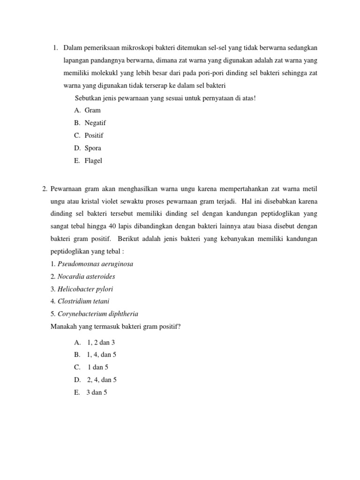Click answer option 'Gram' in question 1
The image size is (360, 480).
(x=92, y=110)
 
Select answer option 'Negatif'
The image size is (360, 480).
(x=95, y=123)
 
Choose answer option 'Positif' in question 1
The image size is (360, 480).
(x=94, y=135)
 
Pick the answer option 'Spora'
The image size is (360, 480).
(x=93, y=148)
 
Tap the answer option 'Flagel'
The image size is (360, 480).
(x=93, y=161)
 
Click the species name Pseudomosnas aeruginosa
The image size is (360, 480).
(x=95, y=264)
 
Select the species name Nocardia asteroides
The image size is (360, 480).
(x=86, y=277)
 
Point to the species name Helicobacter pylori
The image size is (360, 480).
(x=85, y=289)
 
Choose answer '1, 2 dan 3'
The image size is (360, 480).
(x=101, y=343)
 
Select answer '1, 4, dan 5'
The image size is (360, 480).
(x=102, y=355)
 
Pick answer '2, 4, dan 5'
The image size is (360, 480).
(x=102, y=380)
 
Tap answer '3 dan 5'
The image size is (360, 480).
(x=97, y=393)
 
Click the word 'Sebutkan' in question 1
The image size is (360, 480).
(x=87, y=97)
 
